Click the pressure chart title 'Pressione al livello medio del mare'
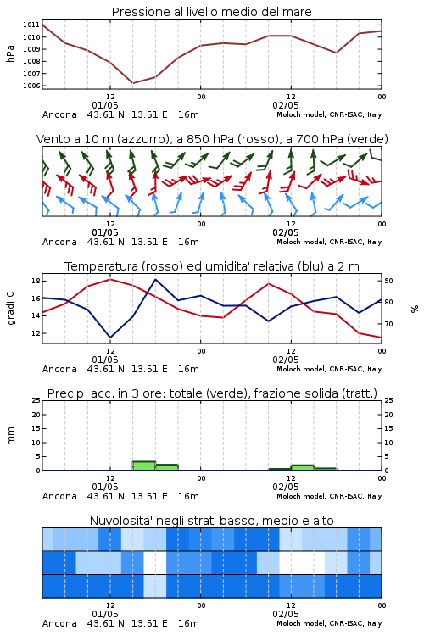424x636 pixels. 211,12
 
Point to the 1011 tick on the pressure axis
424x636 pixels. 31,25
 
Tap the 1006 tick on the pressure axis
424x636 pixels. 31,86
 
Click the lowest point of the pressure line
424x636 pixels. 132,83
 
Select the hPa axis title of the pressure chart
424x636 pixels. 10,53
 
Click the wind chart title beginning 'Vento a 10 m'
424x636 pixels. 212,139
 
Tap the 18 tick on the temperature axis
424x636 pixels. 36,281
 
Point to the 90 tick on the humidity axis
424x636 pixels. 388,281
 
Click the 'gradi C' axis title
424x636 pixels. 10,309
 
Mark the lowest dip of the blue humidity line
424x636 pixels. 110,338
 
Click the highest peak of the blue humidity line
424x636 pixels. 155,279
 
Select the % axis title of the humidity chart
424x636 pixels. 415,309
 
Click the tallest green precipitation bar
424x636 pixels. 144,466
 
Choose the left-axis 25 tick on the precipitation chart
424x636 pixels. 36,400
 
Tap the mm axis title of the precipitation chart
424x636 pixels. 10,436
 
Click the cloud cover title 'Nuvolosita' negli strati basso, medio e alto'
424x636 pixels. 211,521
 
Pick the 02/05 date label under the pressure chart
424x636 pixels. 286,105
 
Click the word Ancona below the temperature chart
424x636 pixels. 59,369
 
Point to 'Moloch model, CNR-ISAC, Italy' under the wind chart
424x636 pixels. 329,242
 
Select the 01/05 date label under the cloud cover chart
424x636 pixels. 105,614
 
